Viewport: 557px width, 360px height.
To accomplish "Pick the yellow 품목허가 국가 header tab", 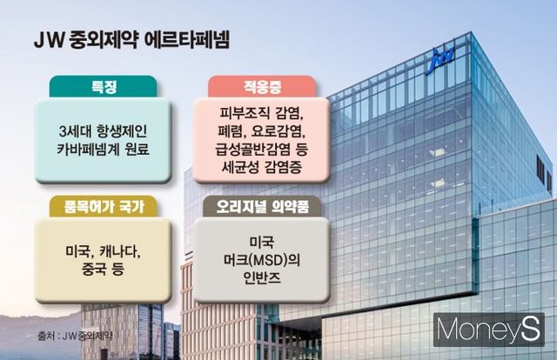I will tap(93, 206).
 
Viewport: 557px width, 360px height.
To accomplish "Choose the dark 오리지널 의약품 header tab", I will tap(259, 206).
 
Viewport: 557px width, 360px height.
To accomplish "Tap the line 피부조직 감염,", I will tap(259, 113).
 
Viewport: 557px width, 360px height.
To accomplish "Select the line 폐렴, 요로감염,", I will tap(259, 131).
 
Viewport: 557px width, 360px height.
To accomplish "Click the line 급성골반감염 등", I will tap(259, 150).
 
